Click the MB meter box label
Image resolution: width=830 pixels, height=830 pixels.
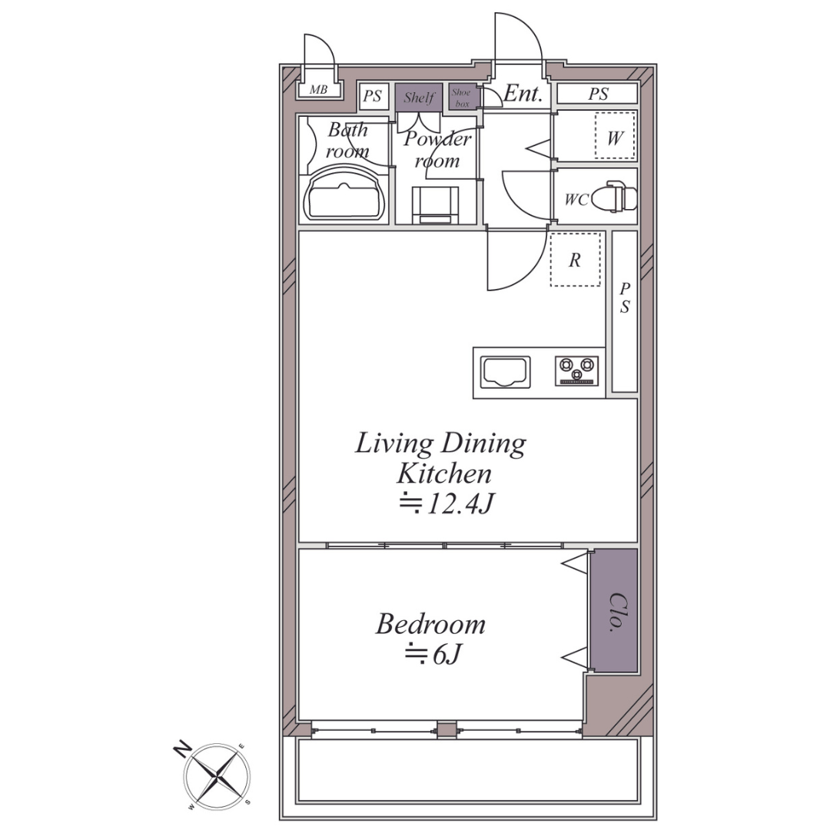(x=318, y=90)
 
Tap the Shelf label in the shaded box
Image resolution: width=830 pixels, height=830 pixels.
(x=419, y=98)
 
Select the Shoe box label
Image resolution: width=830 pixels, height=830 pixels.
(x=462, y=98)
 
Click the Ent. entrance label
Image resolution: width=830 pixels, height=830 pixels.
(x=523, y=94)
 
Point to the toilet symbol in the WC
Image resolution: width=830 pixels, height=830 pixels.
(x=613, y=197)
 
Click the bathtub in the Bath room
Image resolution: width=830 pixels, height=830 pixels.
(x=345, y=194)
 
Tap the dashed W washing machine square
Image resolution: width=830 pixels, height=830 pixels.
(x=615, y=135)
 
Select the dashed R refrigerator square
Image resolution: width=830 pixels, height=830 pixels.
(x=576, y=260)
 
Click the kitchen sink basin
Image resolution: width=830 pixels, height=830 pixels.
(x=505, y=372)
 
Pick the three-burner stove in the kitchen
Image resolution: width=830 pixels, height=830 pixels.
(x=577, y=370)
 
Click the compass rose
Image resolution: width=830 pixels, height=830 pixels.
(x=217, y=775)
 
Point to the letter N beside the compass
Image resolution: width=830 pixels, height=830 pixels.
(x=183, y=751)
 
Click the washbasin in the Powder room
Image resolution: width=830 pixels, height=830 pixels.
(x=436, y=205)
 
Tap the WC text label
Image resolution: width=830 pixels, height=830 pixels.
(x=576, y=200)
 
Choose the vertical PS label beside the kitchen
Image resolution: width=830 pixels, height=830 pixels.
(x=625, y=297)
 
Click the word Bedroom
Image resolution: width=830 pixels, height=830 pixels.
(x=430, y=624)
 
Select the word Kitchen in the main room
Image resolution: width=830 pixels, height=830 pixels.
(x=444, y=473)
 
